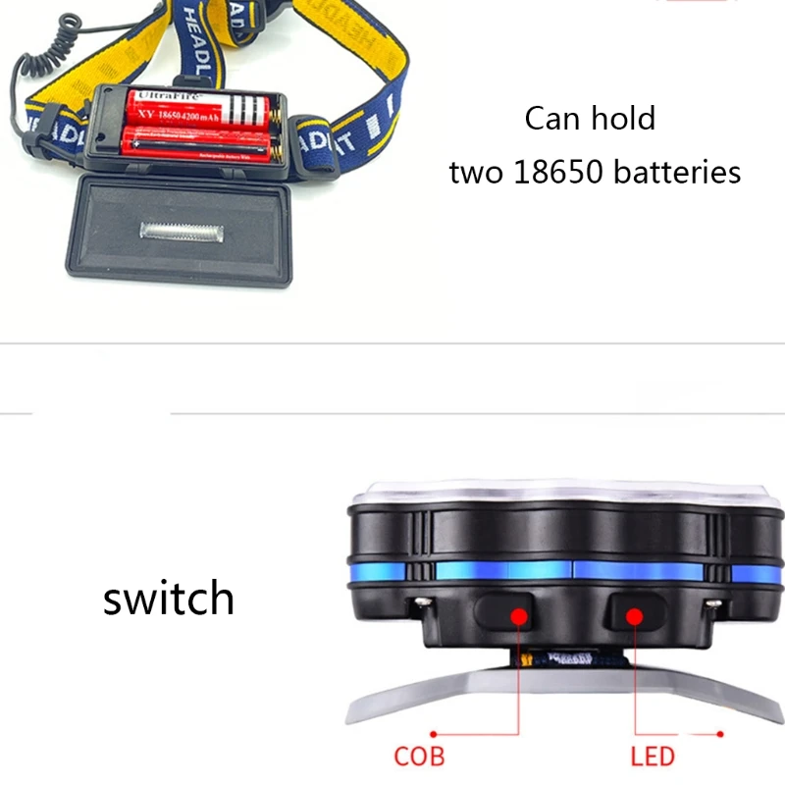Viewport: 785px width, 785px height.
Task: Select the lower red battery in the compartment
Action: tap(196, 146)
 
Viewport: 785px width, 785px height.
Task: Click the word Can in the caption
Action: tap(550, 120)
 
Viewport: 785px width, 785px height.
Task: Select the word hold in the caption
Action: tap(622, 119)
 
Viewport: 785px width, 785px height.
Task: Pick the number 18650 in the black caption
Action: tap(555, 173)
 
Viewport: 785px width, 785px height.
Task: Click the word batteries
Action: tap(677, 173)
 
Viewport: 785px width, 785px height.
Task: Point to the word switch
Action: tap(169, 598)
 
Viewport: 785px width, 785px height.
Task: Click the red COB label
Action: tap(419, 757)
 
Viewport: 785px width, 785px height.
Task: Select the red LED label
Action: tap(653, 757)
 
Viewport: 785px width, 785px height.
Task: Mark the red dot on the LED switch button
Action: tap(635, 616)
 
